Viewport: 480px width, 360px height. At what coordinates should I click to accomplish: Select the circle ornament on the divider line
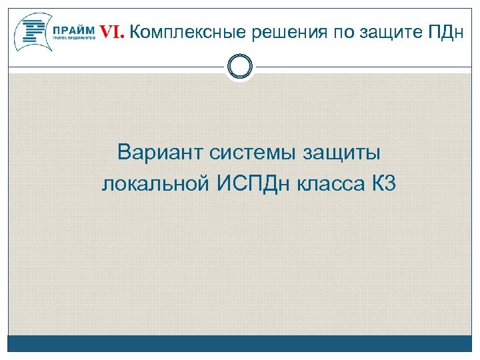[240, 67]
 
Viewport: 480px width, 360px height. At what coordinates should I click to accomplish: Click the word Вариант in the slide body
[159, 153]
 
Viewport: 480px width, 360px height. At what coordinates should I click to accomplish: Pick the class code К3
[383, 183]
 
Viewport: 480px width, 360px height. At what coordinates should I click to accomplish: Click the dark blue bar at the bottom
[240, 343]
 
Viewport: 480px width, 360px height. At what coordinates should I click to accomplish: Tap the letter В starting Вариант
[124, 153]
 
